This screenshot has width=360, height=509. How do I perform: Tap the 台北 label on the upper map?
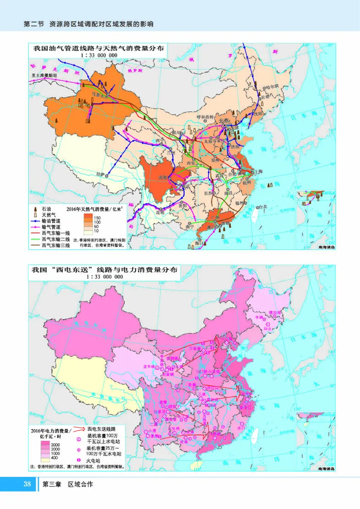[x=262, y=207]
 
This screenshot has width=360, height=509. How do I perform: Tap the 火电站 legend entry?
[x=95, y=459]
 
